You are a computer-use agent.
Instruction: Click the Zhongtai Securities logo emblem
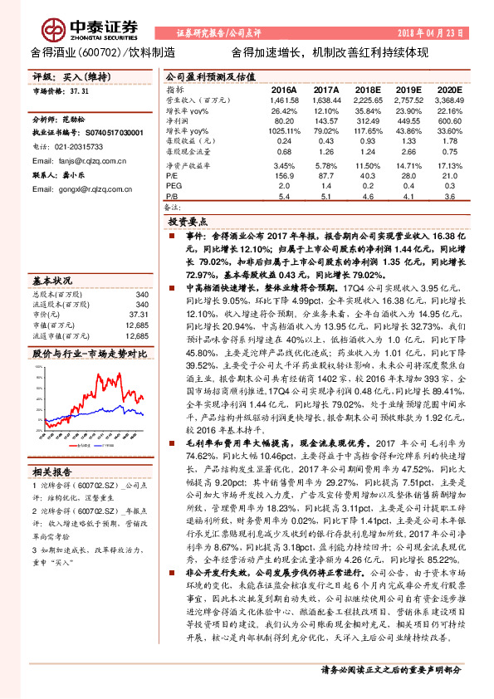point(54,29)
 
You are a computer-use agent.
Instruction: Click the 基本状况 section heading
point(51,281)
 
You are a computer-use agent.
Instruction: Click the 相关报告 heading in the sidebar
point(51,472)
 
